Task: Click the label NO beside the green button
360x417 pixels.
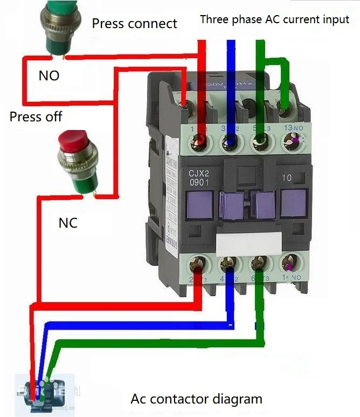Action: [x=49, y=76]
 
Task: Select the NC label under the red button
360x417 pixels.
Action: [x=68, y=222]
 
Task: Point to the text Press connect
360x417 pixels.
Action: [x=134, y=23]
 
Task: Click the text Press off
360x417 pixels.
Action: [x=36, y=116]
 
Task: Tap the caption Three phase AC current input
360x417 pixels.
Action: [x=274, y=19]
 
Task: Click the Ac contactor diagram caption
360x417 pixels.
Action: [x=196, y=399]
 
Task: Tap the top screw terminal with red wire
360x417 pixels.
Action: [x=202, y=141]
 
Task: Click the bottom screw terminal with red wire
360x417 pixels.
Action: [x=200, y=264]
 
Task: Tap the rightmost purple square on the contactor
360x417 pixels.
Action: [x=293, y=203]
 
